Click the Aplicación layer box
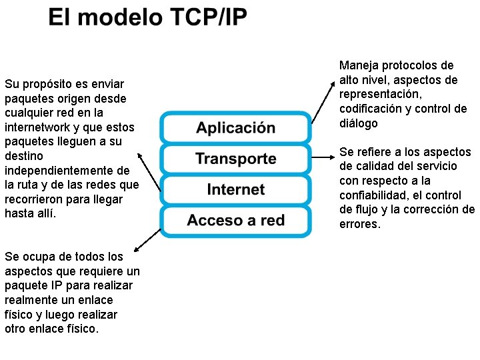coord(235,128)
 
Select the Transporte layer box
coord(235,159)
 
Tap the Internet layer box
coord(235,189)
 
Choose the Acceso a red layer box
coord(235,221)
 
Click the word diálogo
coord(359,123)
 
